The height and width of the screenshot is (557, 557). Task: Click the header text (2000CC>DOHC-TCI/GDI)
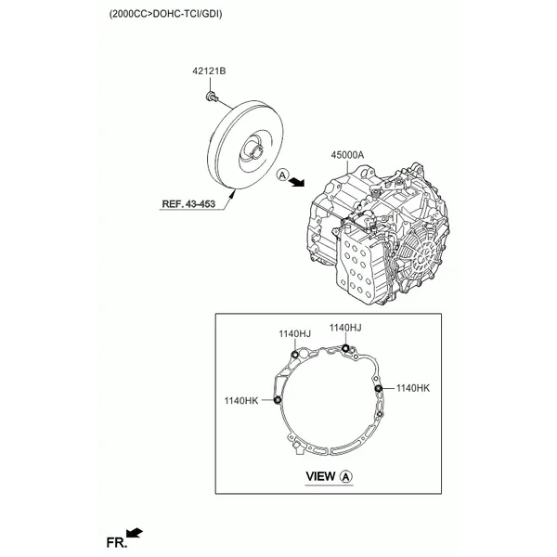click(165, 16)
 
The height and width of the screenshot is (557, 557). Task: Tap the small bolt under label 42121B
click(213, 96)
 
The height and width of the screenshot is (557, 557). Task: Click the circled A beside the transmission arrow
click(284, 174)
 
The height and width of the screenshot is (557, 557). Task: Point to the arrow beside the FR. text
click(135, 532)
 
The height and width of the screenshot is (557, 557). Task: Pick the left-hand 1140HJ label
click(294, 333)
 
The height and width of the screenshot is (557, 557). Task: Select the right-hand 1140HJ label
click(344, 328)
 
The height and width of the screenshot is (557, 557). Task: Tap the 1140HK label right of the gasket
click(414, 387)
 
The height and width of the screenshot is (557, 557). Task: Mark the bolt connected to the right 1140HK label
click(378, 389)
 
